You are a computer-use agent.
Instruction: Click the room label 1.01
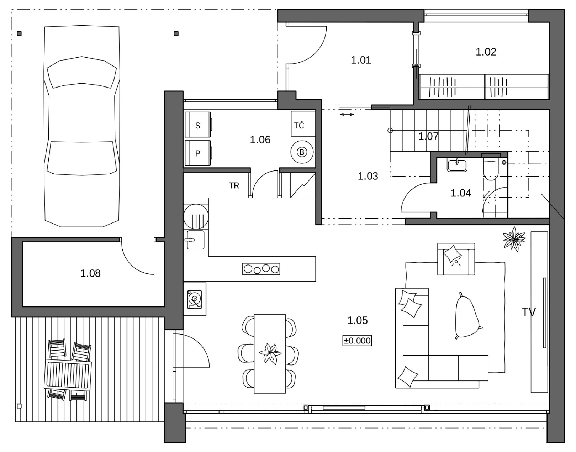(x=361, y=60)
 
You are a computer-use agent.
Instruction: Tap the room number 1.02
(x=486, y=52)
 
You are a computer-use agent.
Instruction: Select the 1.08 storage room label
(x=90, y=273)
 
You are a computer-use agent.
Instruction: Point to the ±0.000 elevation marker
(x=357, y=340)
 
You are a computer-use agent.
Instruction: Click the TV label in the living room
(x=529, y=312)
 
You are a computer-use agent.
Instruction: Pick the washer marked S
(x=198, y=125)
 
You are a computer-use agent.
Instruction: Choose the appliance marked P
(x=198, y=153)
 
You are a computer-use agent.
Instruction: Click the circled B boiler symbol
(x=302, y=152)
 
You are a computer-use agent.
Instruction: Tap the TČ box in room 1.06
(x=303, y=124)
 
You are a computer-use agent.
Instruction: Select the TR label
(x=234, y=186)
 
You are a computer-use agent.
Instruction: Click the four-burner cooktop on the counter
(x=261, y=269)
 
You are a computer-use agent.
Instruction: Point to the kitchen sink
(x=196, y=240)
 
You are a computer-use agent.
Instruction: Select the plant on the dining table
(x=270, y=354)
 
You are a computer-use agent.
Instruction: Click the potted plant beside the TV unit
(x=514, y=239)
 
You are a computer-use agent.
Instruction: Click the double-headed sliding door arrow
(x=347, y=115)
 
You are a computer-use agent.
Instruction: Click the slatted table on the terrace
(x=68, y=375)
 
